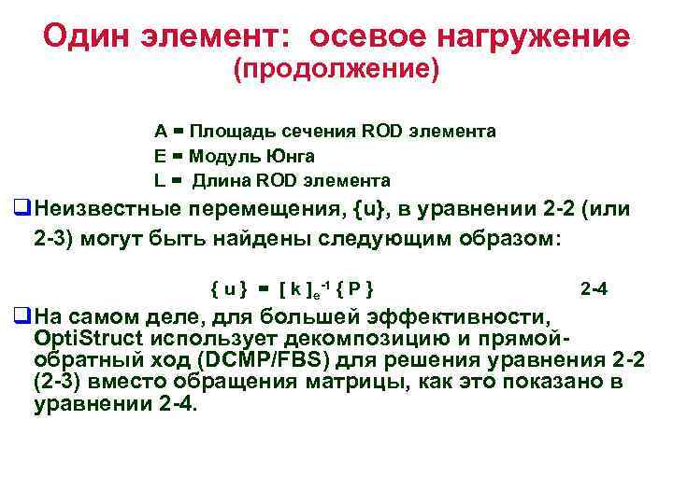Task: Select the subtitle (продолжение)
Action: point(336,71)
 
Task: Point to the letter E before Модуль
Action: point(158,155)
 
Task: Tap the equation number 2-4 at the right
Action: point(594,288)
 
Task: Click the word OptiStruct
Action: point(83,336)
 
